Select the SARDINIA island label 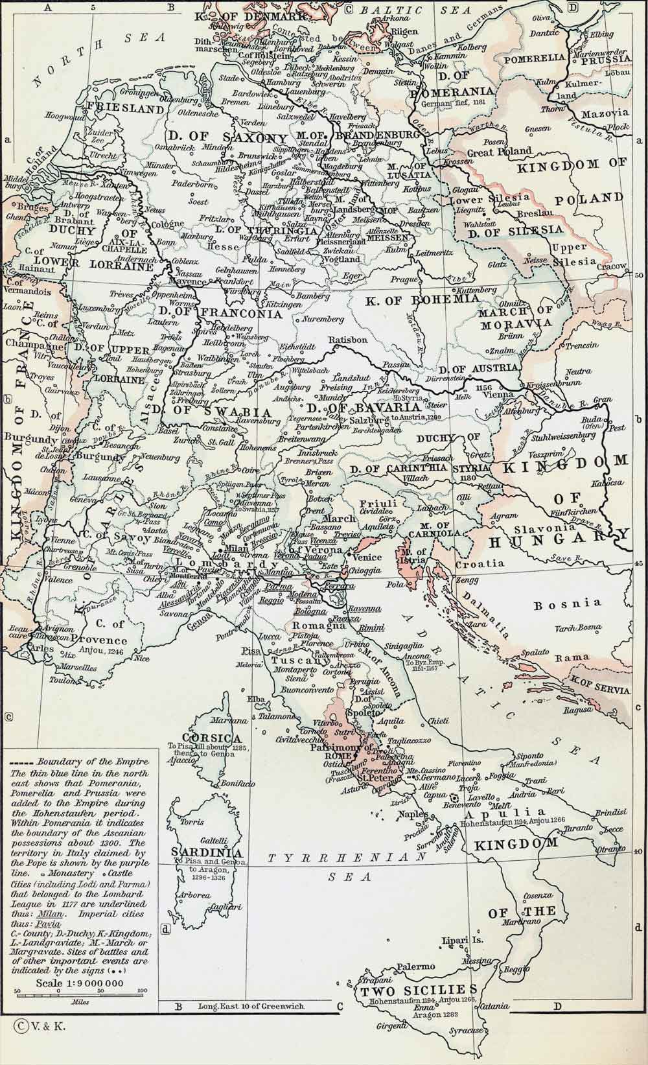(207, 852)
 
